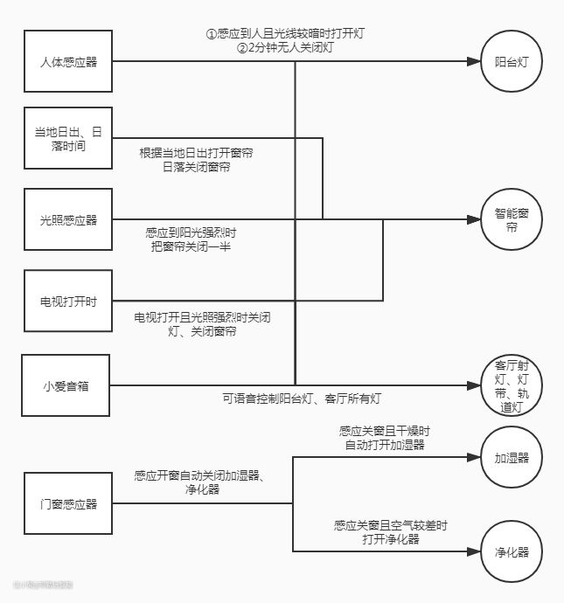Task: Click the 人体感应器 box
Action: pos(68,62)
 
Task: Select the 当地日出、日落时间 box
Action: pos(68,140)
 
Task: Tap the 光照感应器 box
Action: pos(68,219)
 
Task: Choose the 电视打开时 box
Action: pos(68,301)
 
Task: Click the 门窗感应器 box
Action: pos(68,503)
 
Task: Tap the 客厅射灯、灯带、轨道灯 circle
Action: pos(512,385)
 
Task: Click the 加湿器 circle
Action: pos(512,457)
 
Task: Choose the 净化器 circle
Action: pos(512,551)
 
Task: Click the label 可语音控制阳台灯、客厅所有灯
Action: pos(302,399)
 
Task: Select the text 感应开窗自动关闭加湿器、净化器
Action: pos(199,482)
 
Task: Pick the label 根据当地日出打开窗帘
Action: pos(197,153)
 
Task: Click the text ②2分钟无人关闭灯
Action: pos(284,48)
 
